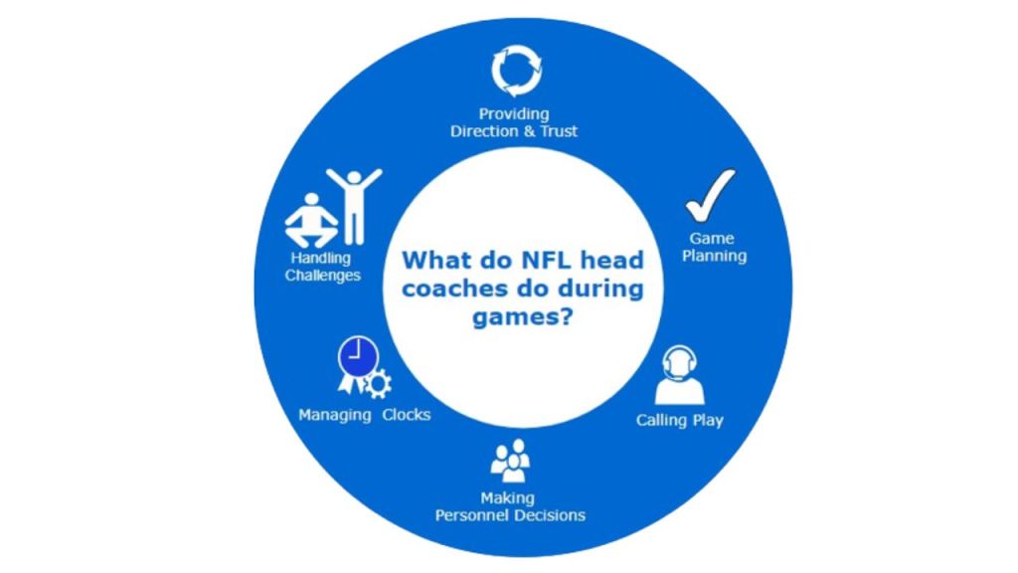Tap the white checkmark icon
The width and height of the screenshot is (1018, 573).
tap(711, 194)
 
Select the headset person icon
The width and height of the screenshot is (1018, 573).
tap(679, 374)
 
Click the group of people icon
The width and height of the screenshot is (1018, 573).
tap(510, 461)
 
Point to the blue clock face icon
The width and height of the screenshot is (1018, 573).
tap(356, 356)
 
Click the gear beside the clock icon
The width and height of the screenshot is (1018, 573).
tap(379, 384)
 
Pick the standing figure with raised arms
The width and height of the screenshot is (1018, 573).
tap(354, 205)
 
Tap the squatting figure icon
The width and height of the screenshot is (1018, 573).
tap(311, 221)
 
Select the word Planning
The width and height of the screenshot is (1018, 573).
tap(714, 256)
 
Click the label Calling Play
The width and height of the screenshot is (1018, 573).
tap(680, 420)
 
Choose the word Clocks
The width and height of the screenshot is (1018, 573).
tap(407, 415)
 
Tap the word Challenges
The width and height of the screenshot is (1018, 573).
tap(323, 276)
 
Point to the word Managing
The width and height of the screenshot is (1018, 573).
tap(334, 415)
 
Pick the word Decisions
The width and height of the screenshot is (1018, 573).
tap(550, 515)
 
